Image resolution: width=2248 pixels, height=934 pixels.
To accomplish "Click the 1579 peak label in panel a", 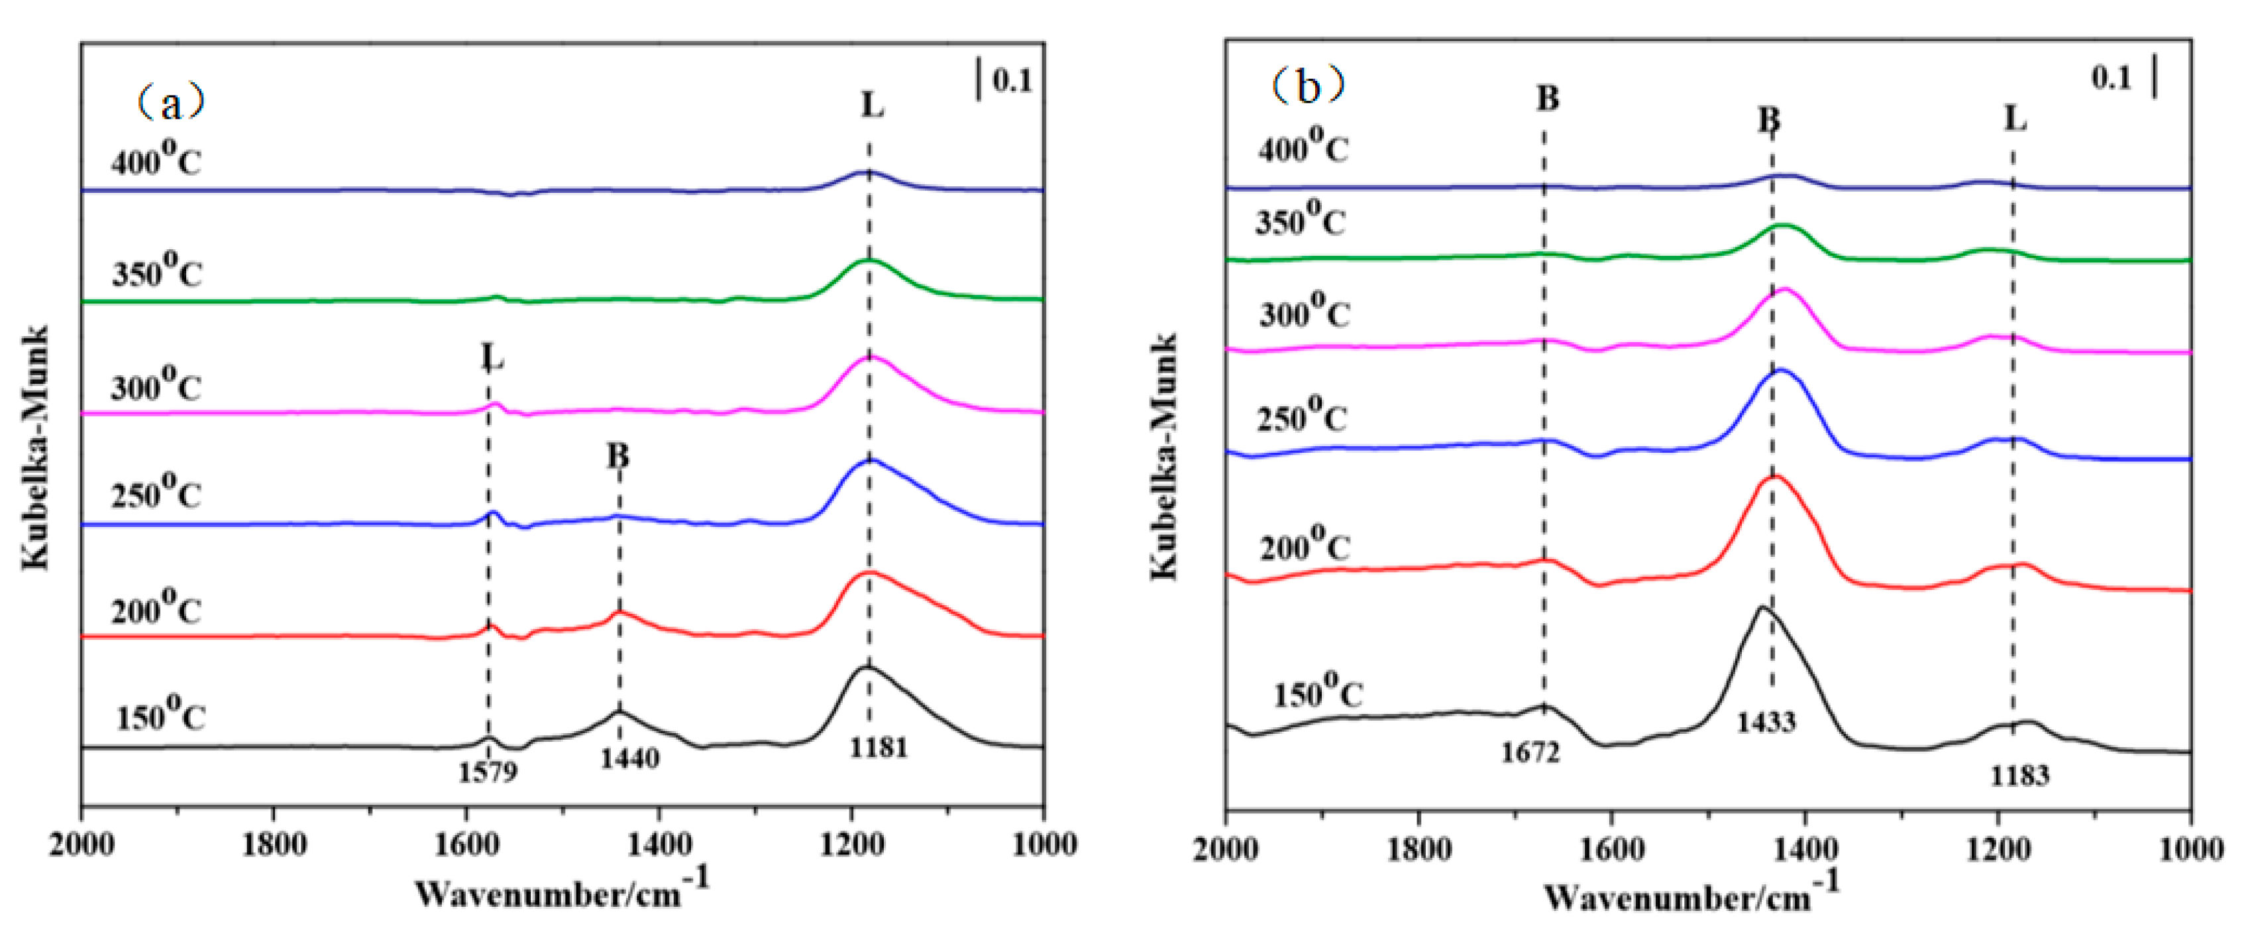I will coord(488,772).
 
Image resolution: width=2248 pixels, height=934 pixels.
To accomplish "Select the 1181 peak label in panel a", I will coord(879,747).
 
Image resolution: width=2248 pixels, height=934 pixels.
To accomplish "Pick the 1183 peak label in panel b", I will coord(2019,775).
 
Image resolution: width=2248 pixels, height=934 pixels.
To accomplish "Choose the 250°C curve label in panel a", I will coord(155,493).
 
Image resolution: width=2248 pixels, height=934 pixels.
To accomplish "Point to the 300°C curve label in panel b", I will coord(1304,311).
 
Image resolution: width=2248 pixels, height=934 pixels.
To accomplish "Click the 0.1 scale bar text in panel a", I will coord(1012,80).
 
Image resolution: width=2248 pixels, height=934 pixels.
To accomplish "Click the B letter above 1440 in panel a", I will coord(618,455).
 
